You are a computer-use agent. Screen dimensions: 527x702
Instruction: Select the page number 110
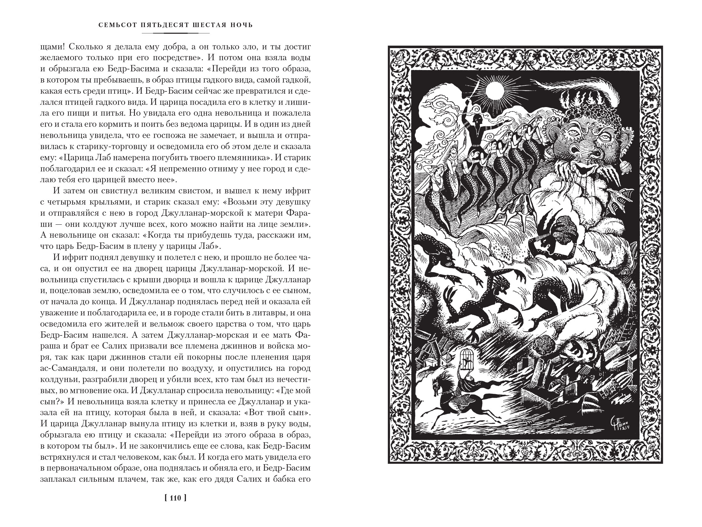point(175,507)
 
